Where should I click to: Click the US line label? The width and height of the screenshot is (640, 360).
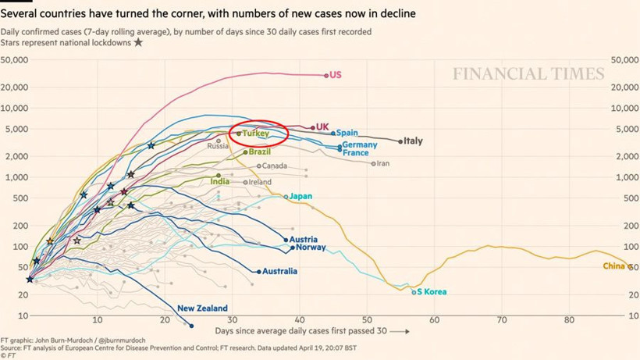coord(336,75)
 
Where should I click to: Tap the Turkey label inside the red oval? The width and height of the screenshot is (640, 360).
coord(255,134)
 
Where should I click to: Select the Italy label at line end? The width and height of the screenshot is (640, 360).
coord(413,141)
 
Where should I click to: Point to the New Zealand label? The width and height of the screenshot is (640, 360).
coord(202,308)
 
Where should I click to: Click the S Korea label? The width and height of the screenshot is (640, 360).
coord(432,292)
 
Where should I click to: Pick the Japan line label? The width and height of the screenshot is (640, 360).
coord(300,196)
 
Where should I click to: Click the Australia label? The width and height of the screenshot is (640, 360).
coord(280,272)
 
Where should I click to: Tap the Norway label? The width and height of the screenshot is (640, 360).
coord(311,248)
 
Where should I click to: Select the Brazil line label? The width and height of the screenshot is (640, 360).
coord(260,151)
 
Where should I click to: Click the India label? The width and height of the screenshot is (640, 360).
coord(220,182)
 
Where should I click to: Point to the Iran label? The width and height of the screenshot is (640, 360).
coord(383,163)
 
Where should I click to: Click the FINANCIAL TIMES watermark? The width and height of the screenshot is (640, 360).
coord(528,75)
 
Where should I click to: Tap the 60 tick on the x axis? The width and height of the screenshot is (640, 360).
coord(435,321)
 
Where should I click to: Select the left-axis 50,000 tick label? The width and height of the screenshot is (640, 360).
coord(15,60)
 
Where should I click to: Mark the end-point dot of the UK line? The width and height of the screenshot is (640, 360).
coord(313,127)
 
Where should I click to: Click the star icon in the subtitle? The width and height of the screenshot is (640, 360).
coord(139,42)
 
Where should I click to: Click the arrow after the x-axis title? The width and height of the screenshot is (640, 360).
coord(399,331)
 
